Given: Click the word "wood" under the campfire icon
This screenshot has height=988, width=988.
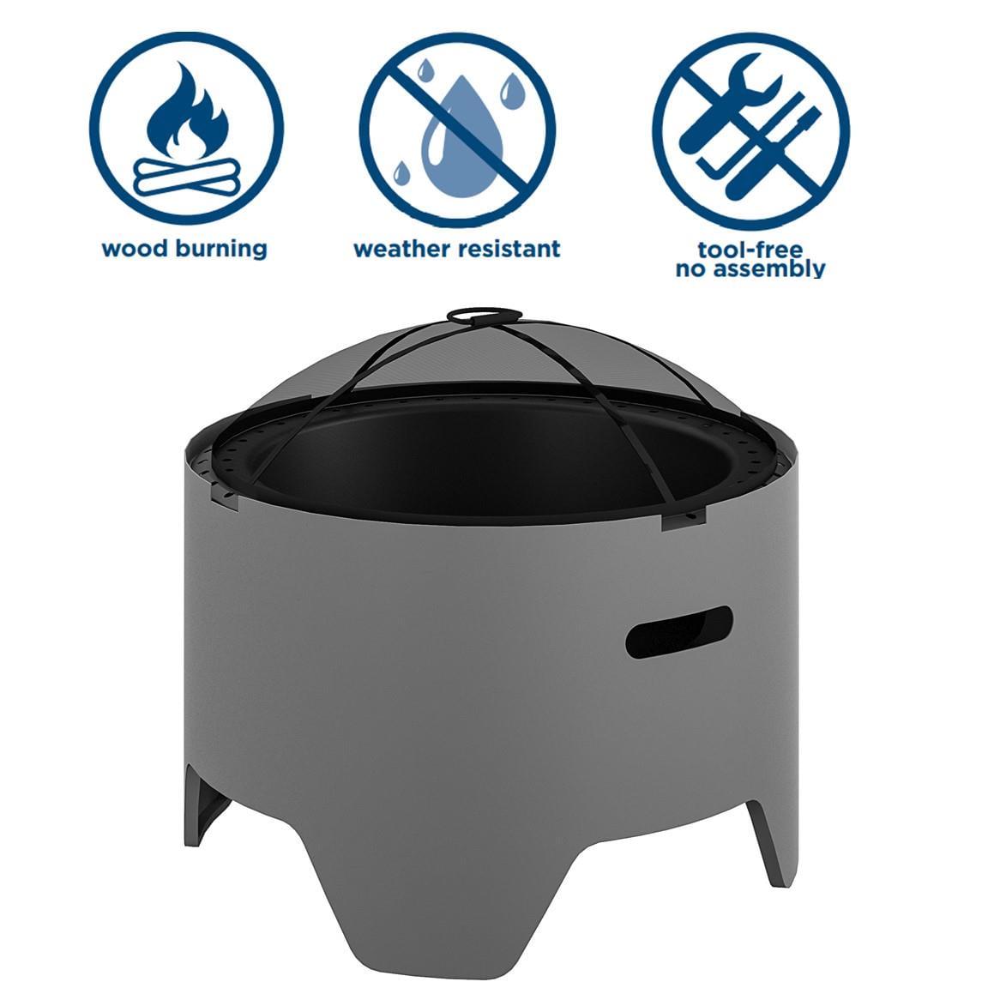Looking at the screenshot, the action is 135,248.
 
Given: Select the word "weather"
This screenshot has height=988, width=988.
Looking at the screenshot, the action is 402,248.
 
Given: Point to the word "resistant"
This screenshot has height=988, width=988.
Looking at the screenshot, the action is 509,248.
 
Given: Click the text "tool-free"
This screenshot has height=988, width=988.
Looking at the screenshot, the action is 750,250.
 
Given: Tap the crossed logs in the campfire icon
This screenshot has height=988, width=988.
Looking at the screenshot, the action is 187,177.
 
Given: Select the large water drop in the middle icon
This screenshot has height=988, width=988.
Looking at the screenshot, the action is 462,136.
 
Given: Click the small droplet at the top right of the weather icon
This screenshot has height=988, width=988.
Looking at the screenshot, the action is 512,91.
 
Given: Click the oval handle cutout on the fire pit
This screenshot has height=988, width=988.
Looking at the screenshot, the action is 678,632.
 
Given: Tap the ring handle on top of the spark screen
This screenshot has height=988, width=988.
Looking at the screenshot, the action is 484,315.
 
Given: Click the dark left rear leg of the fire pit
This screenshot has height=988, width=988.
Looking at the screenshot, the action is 203,804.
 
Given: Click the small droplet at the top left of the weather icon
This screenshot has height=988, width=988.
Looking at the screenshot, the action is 426,70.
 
